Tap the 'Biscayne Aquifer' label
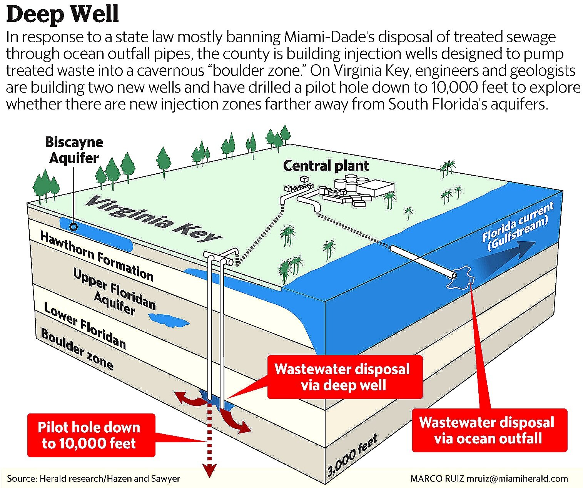coord(74,150)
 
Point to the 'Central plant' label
coord(326,166)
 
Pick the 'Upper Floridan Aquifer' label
coord(114,291)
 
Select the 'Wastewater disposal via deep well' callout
coord(345,377)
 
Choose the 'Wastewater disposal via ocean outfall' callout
coord(489,430)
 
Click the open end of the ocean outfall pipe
coord(454,276)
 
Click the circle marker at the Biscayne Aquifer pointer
coord(74,227)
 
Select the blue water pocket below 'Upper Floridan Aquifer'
coord(169,320)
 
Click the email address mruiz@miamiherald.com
coord(517,478)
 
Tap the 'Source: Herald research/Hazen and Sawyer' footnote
coord(94,478)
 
